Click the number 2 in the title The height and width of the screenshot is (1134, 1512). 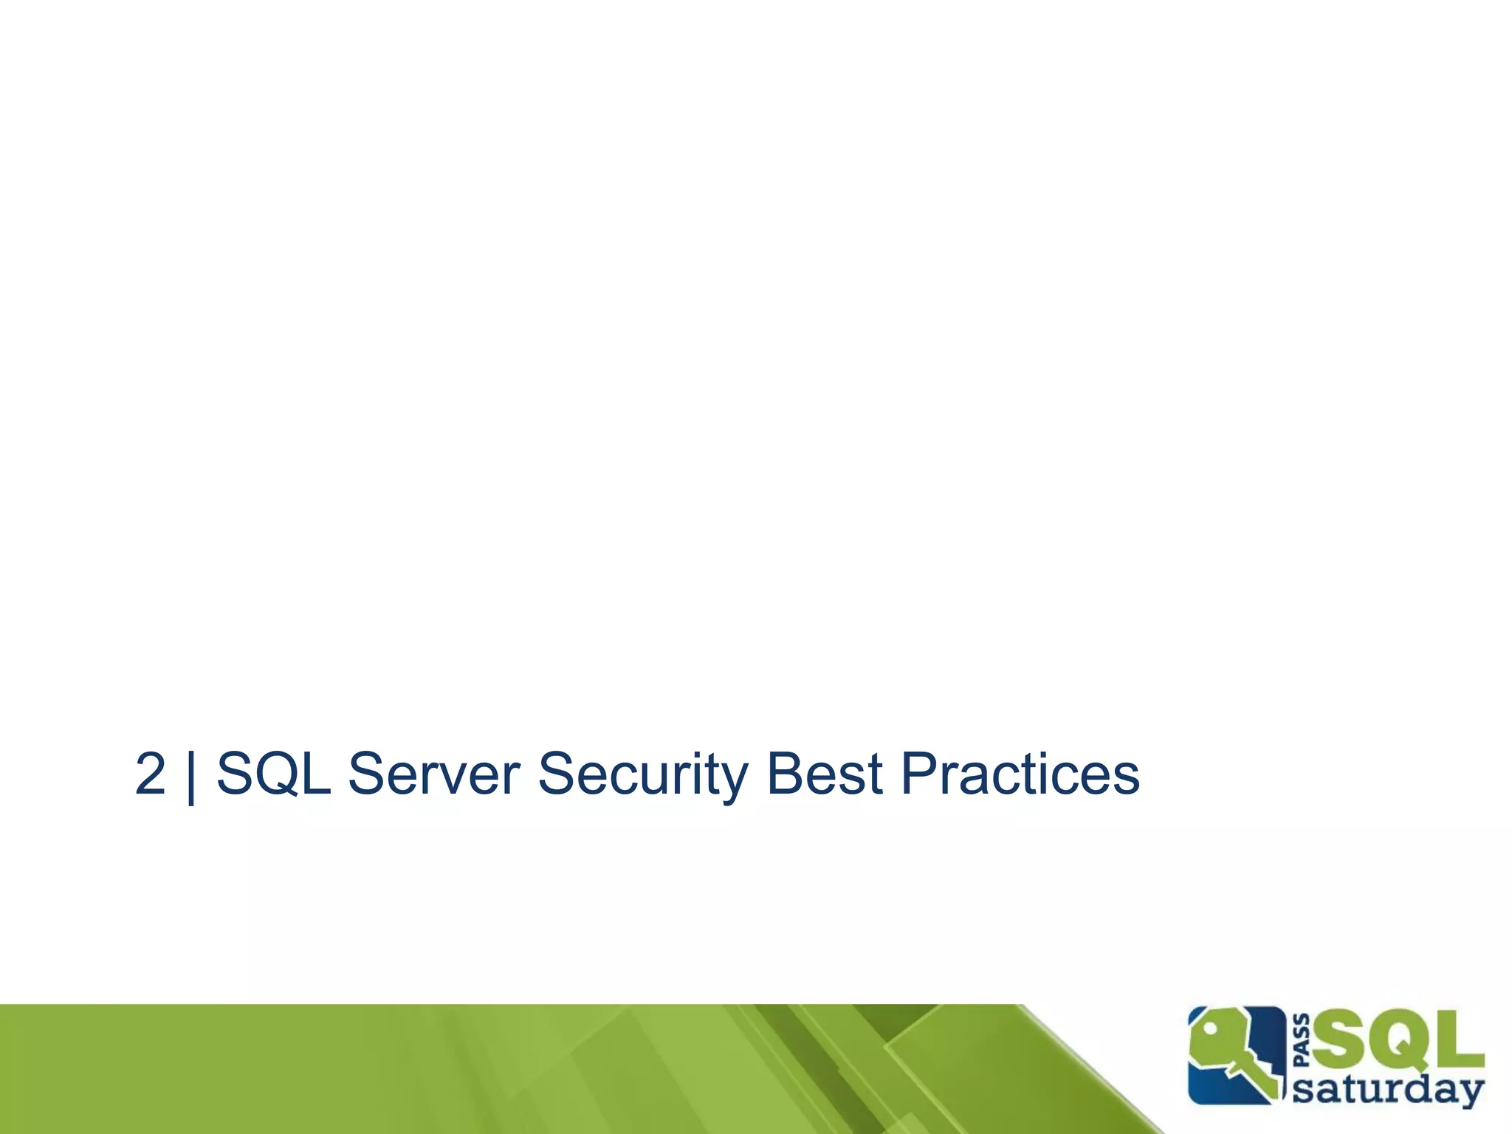151,774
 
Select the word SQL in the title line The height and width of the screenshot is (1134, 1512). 273,774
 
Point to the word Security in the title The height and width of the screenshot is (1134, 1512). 642,774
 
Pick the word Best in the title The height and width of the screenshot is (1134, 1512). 825,774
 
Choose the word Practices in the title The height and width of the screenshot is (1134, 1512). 1020,774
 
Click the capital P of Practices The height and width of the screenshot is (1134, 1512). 920,774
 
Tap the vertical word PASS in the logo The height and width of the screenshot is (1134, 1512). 1302,1042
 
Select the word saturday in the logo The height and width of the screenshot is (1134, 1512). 1388,1089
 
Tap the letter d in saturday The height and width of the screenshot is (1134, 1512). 1422,1087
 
